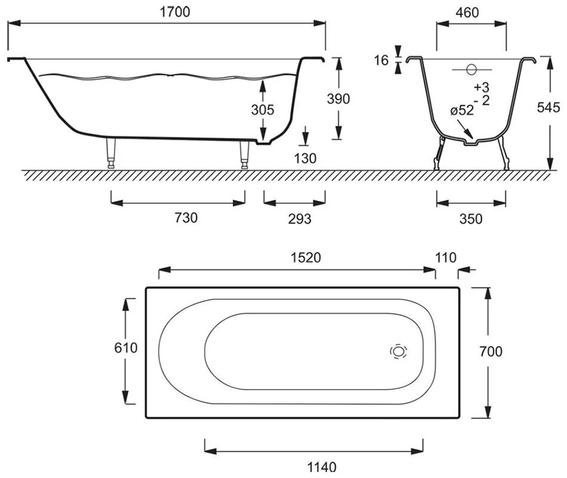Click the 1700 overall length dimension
(x=175, y=12)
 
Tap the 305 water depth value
(x=263, y=110)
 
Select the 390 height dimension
(x=338, y=99)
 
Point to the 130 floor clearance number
(x=305, y=158)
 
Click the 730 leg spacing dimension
(x=186, y=217)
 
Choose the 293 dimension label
(x=300, y=219)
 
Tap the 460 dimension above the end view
(x=467, y=13)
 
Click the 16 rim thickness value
(x=381, y=60)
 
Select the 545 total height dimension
(x=548, y=107)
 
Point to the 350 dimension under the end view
(x=471, y=219)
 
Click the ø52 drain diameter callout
(x=462, y=110)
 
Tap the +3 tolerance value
(x=481, y=87)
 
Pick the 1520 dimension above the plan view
(x=306, y=258)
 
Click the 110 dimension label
(x=446, y=258)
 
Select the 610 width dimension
(x=126, y=348)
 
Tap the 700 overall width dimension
(x=491, y=351)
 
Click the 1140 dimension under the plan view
(x=322, y=467)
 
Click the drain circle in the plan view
(x=399, y=351)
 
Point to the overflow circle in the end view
(x=472, y=69)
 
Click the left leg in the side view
(x=111, y=153)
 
